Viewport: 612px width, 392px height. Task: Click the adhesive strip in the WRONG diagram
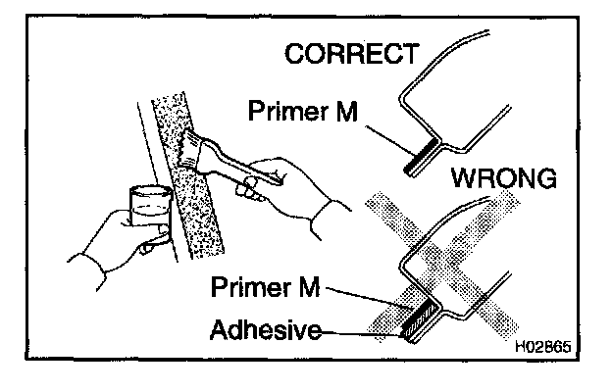[409, 324]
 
